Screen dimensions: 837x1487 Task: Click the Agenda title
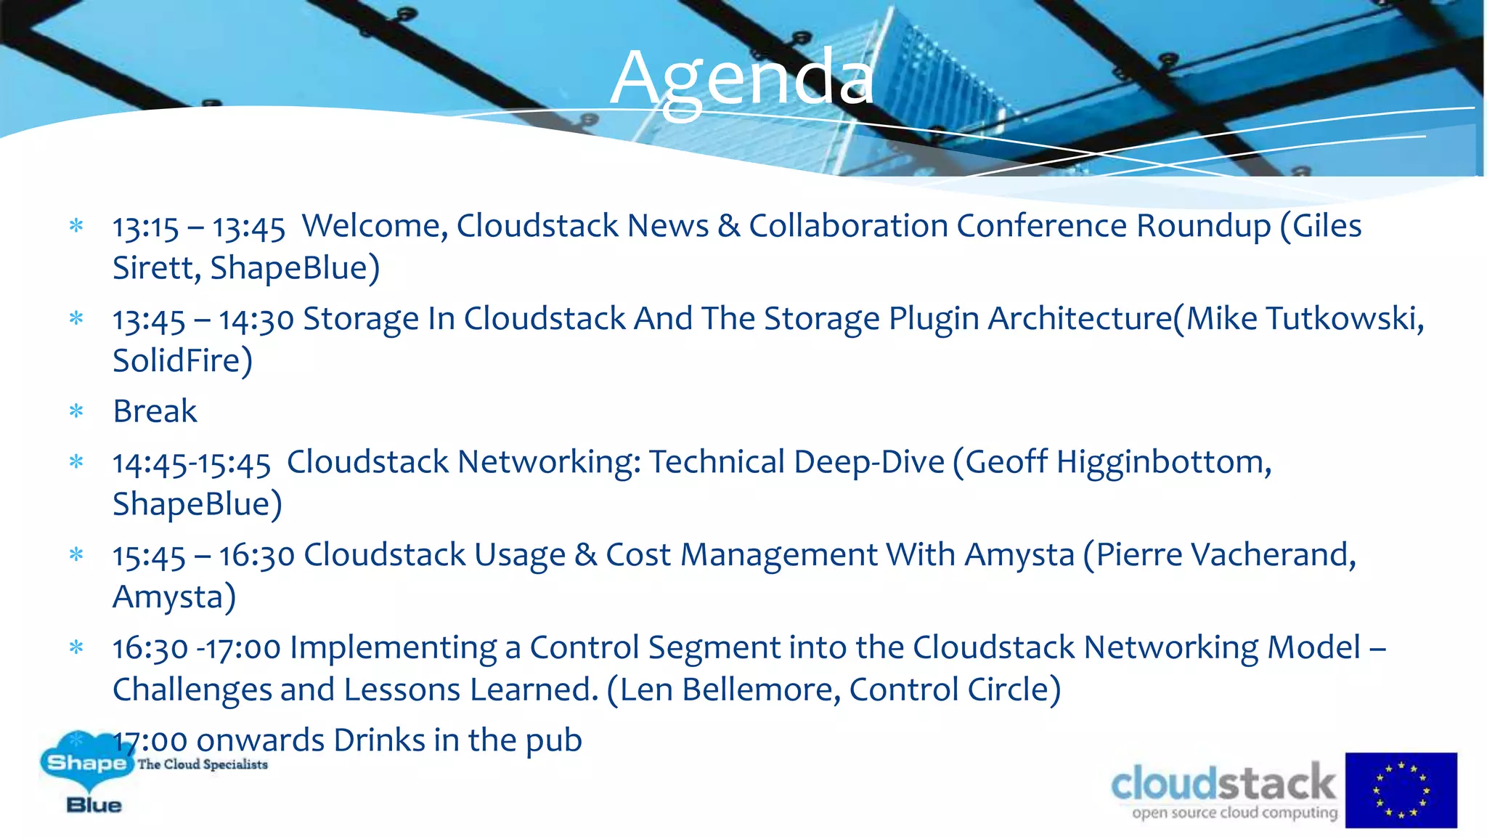(742, 78)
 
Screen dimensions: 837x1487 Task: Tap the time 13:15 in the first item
(145, 228)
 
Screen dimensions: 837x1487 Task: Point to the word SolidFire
(182, 361)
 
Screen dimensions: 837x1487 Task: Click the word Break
(155, 411)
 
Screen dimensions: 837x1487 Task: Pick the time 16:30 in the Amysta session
(256, 557)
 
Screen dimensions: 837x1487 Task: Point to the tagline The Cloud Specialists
(203, 764)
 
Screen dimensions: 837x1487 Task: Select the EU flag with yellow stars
(1401, 790)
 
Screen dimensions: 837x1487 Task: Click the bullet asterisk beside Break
(76, 411)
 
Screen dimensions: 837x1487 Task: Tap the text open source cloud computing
(1234, 812)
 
